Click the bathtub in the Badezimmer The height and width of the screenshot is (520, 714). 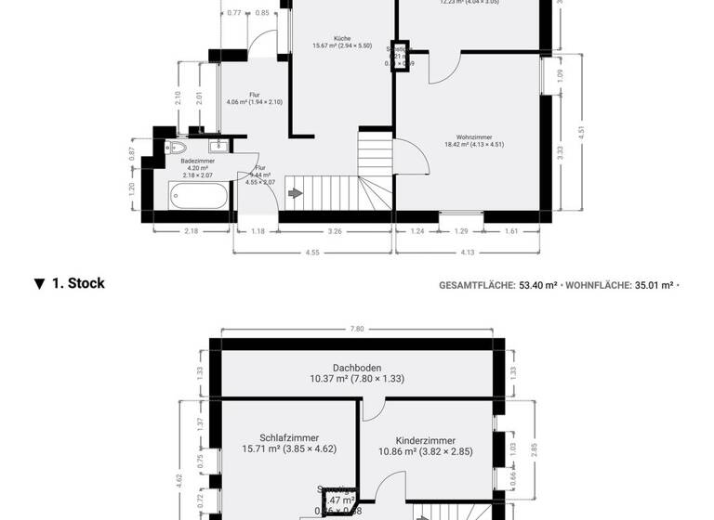[198, 197]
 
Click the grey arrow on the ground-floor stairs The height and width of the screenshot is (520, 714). [296, 193]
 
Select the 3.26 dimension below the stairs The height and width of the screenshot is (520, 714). [336, 230]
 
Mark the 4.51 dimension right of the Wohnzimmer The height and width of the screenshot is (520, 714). [581, 131]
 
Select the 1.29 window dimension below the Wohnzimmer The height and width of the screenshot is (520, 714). [462, 230]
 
